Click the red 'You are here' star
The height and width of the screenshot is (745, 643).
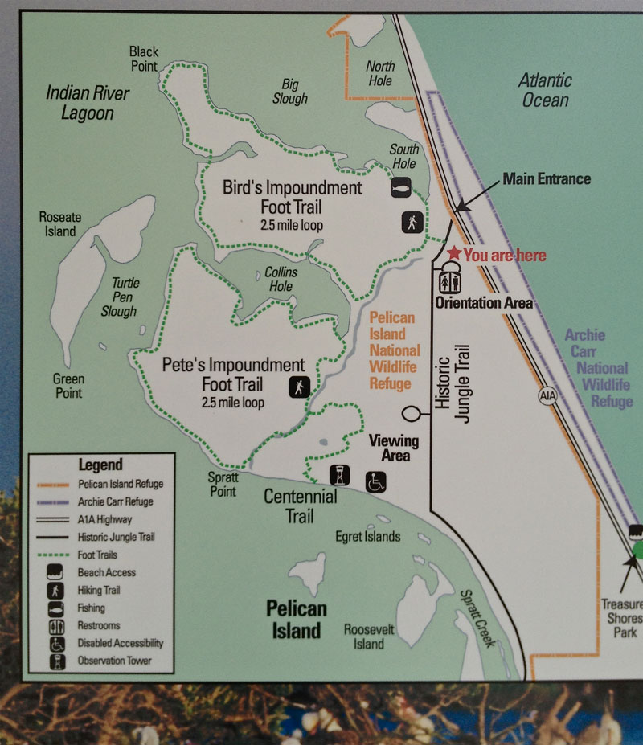click(x=454, y=253)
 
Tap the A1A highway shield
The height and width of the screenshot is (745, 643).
click(x=548, y=396)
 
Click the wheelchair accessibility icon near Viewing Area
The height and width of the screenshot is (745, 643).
click(x=377, y=481)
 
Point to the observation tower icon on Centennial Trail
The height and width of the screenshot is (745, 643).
click(x=341, y=476)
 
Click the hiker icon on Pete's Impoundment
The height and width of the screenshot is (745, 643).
click(x=299, y=387)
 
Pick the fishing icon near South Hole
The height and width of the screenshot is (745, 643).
click(x=403, y=187)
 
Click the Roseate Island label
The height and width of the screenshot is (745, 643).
click(x=60, y=224)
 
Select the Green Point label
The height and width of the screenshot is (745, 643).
click(x=68, y=386)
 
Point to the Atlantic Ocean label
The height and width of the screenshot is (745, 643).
click(x=545, y=90)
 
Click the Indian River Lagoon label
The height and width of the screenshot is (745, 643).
click(x=88, y=102)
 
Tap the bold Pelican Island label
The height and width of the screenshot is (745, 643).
click(x=297, y=619)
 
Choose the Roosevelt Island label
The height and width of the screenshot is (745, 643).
click(x=369, y=637)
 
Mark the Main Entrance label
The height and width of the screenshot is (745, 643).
click(x=547, y=178)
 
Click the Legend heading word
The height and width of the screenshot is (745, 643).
click(x=100, y=465)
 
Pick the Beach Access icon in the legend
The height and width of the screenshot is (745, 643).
click(x=57, y=572)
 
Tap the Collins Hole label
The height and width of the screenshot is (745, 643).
click(x=281, y=279)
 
